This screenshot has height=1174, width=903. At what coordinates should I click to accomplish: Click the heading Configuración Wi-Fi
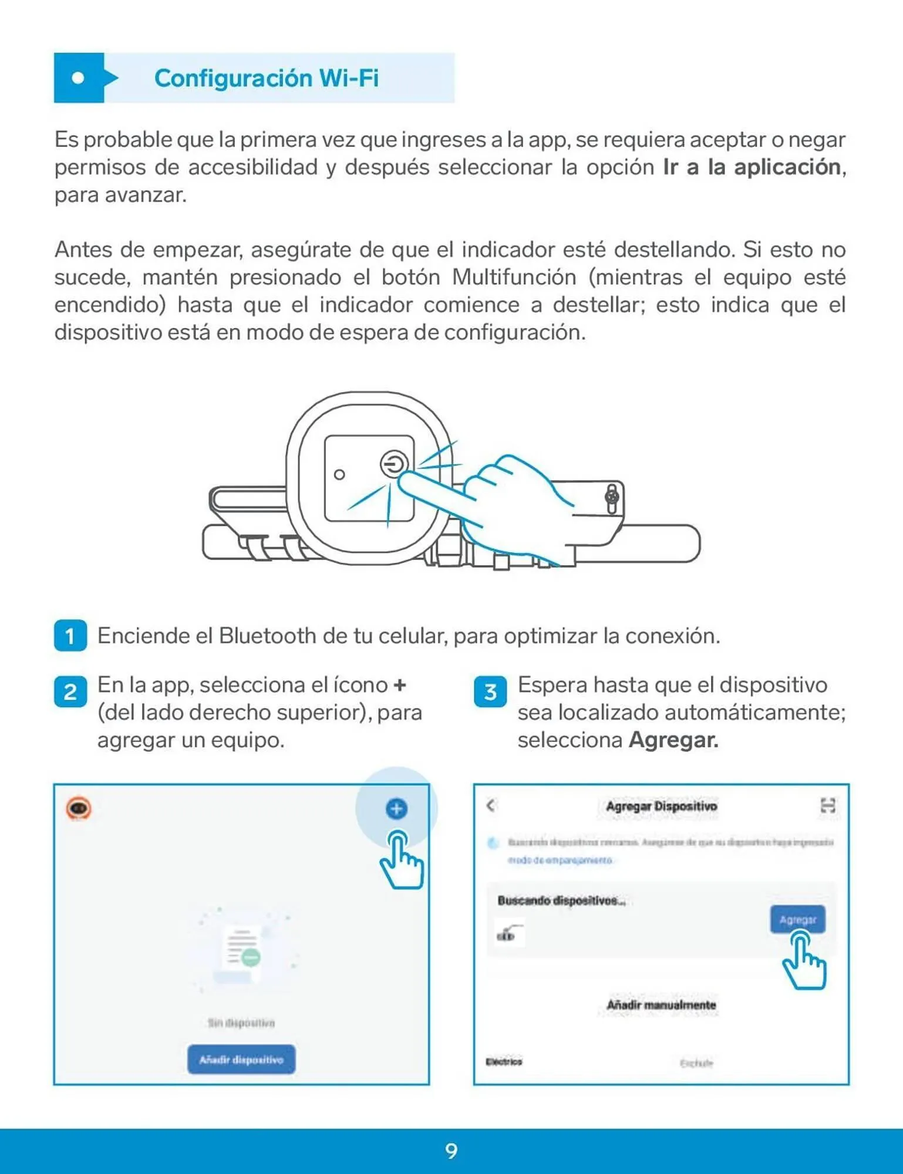click(266, 78)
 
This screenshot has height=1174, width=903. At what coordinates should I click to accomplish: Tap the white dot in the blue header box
click(78, 78)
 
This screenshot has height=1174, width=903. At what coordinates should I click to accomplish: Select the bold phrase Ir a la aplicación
click(752, 167)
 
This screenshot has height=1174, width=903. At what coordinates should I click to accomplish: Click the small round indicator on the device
click(339, 474)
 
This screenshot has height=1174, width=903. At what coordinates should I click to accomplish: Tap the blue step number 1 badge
click(70, 636)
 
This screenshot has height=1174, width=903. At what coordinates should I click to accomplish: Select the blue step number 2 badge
click(70, 691)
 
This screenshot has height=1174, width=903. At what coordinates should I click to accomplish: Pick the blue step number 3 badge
click(490, 691)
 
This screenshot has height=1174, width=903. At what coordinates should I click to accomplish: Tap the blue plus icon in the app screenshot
click(396, 808)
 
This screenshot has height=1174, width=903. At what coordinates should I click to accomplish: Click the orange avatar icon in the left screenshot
click(79, 808)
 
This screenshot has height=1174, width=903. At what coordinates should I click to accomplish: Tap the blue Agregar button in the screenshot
click(797, 919)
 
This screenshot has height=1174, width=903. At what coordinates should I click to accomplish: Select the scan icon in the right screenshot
click(827, 805)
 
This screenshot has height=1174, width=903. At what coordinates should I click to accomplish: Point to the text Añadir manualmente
click(661, 1005)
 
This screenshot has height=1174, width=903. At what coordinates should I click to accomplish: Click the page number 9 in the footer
click(451, 1151)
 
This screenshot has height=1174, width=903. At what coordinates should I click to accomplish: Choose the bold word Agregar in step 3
click(673, 740)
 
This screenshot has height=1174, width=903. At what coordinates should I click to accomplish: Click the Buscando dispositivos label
click(561, 900)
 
